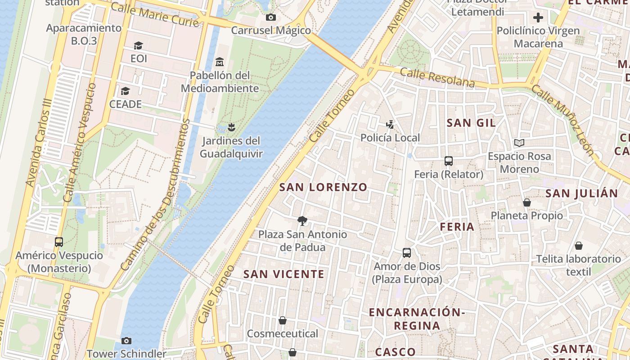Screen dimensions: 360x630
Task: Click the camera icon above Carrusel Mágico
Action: [x=270, y=18]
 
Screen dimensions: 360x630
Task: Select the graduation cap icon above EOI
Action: [x=138, y=45]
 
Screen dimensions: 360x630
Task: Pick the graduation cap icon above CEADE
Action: [x=125, y=91]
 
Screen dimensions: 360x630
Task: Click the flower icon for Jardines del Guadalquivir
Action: [x=231, y=127]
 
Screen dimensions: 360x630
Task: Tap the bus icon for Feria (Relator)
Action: [x=448, y=161]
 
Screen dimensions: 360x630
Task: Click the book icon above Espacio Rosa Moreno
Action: [x=519, y=143]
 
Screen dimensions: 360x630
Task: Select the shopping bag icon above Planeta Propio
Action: [x=526, y=202]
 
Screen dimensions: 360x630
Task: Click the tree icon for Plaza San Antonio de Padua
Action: [x=302, y=221]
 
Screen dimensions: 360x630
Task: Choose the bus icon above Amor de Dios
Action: [x=407, y=253]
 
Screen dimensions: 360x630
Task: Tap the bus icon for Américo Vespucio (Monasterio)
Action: [x=59, y=242]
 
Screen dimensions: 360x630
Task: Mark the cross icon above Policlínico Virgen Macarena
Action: [x=538, y=18]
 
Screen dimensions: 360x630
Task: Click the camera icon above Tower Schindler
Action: [x=126, y=341]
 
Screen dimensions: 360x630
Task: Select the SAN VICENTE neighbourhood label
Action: [x=283, y=274]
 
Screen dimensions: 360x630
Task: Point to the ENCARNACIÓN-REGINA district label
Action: [x=416, y=319]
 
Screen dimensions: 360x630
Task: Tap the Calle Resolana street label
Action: [x=437, y=78]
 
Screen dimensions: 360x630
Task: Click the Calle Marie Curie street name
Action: [x=154, y=14]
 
